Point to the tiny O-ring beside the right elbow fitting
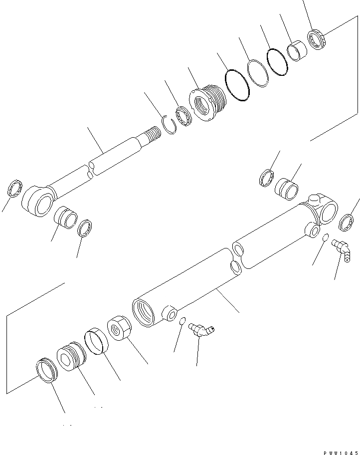325,238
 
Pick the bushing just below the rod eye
65,218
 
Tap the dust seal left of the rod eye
16,189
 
